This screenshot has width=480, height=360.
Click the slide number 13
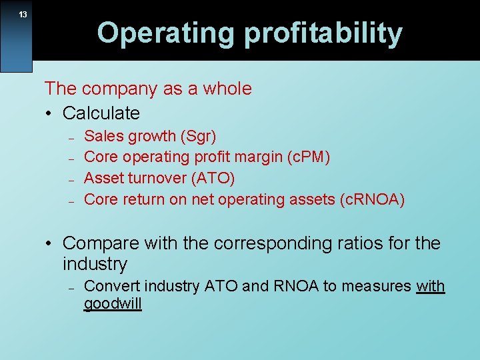(23, 15)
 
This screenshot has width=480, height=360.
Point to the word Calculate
(101, 113)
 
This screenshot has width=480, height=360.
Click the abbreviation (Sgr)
(197, 137)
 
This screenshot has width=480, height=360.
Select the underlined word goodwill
(113, 305)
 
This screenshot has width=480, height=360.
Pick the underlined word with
(430, 287)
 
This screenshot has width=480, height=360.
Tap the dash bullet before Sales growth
(70, 137)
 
